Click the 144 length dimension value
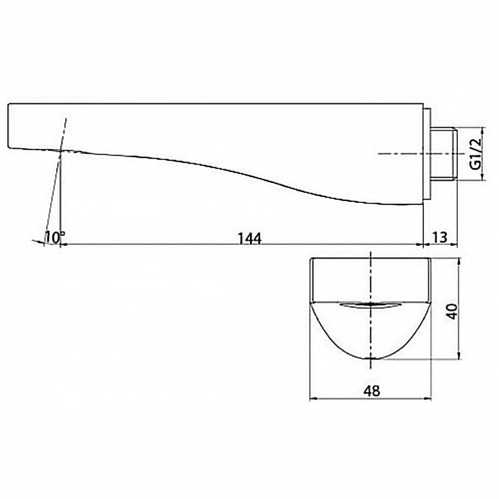click(x=250, y=239)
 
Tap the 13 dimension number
click(x=440, y=238)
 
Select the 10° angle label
click(x=55, y=238)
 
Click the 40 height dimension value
click(x=452, y=311)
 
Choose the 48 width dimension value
click(x=371, y=391)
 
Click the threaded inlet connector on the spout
click(x=444, y=154)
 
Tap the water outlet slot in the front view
click(x=370, y=305)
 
